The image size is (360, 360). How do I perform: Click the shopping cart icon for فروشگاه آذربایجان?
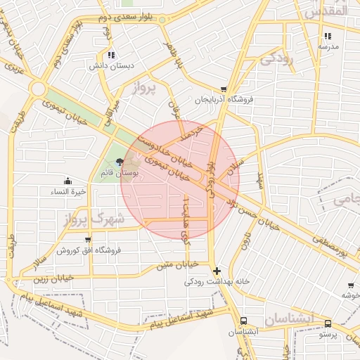tap(224, 89)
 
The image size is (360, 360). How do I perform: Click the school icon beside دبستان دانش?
tap(110, 55)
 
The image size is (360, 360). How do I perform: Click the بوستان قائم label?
tap(112, 173)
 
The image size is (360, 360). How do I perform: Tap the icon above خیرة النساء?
tap(67, 181)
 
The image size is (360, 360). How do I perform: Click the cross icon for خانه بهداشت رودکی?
tap(217, 271)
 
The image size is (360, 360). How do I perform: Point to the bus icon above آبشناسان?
tap(243, 319)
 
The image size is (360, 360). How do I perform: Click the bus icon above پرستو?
tap(328, 323)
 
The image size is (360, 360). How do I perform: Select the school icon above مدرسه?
tap(328, 36)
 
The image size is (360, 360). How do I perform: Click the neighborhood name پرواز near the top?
tap(146, 89)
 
